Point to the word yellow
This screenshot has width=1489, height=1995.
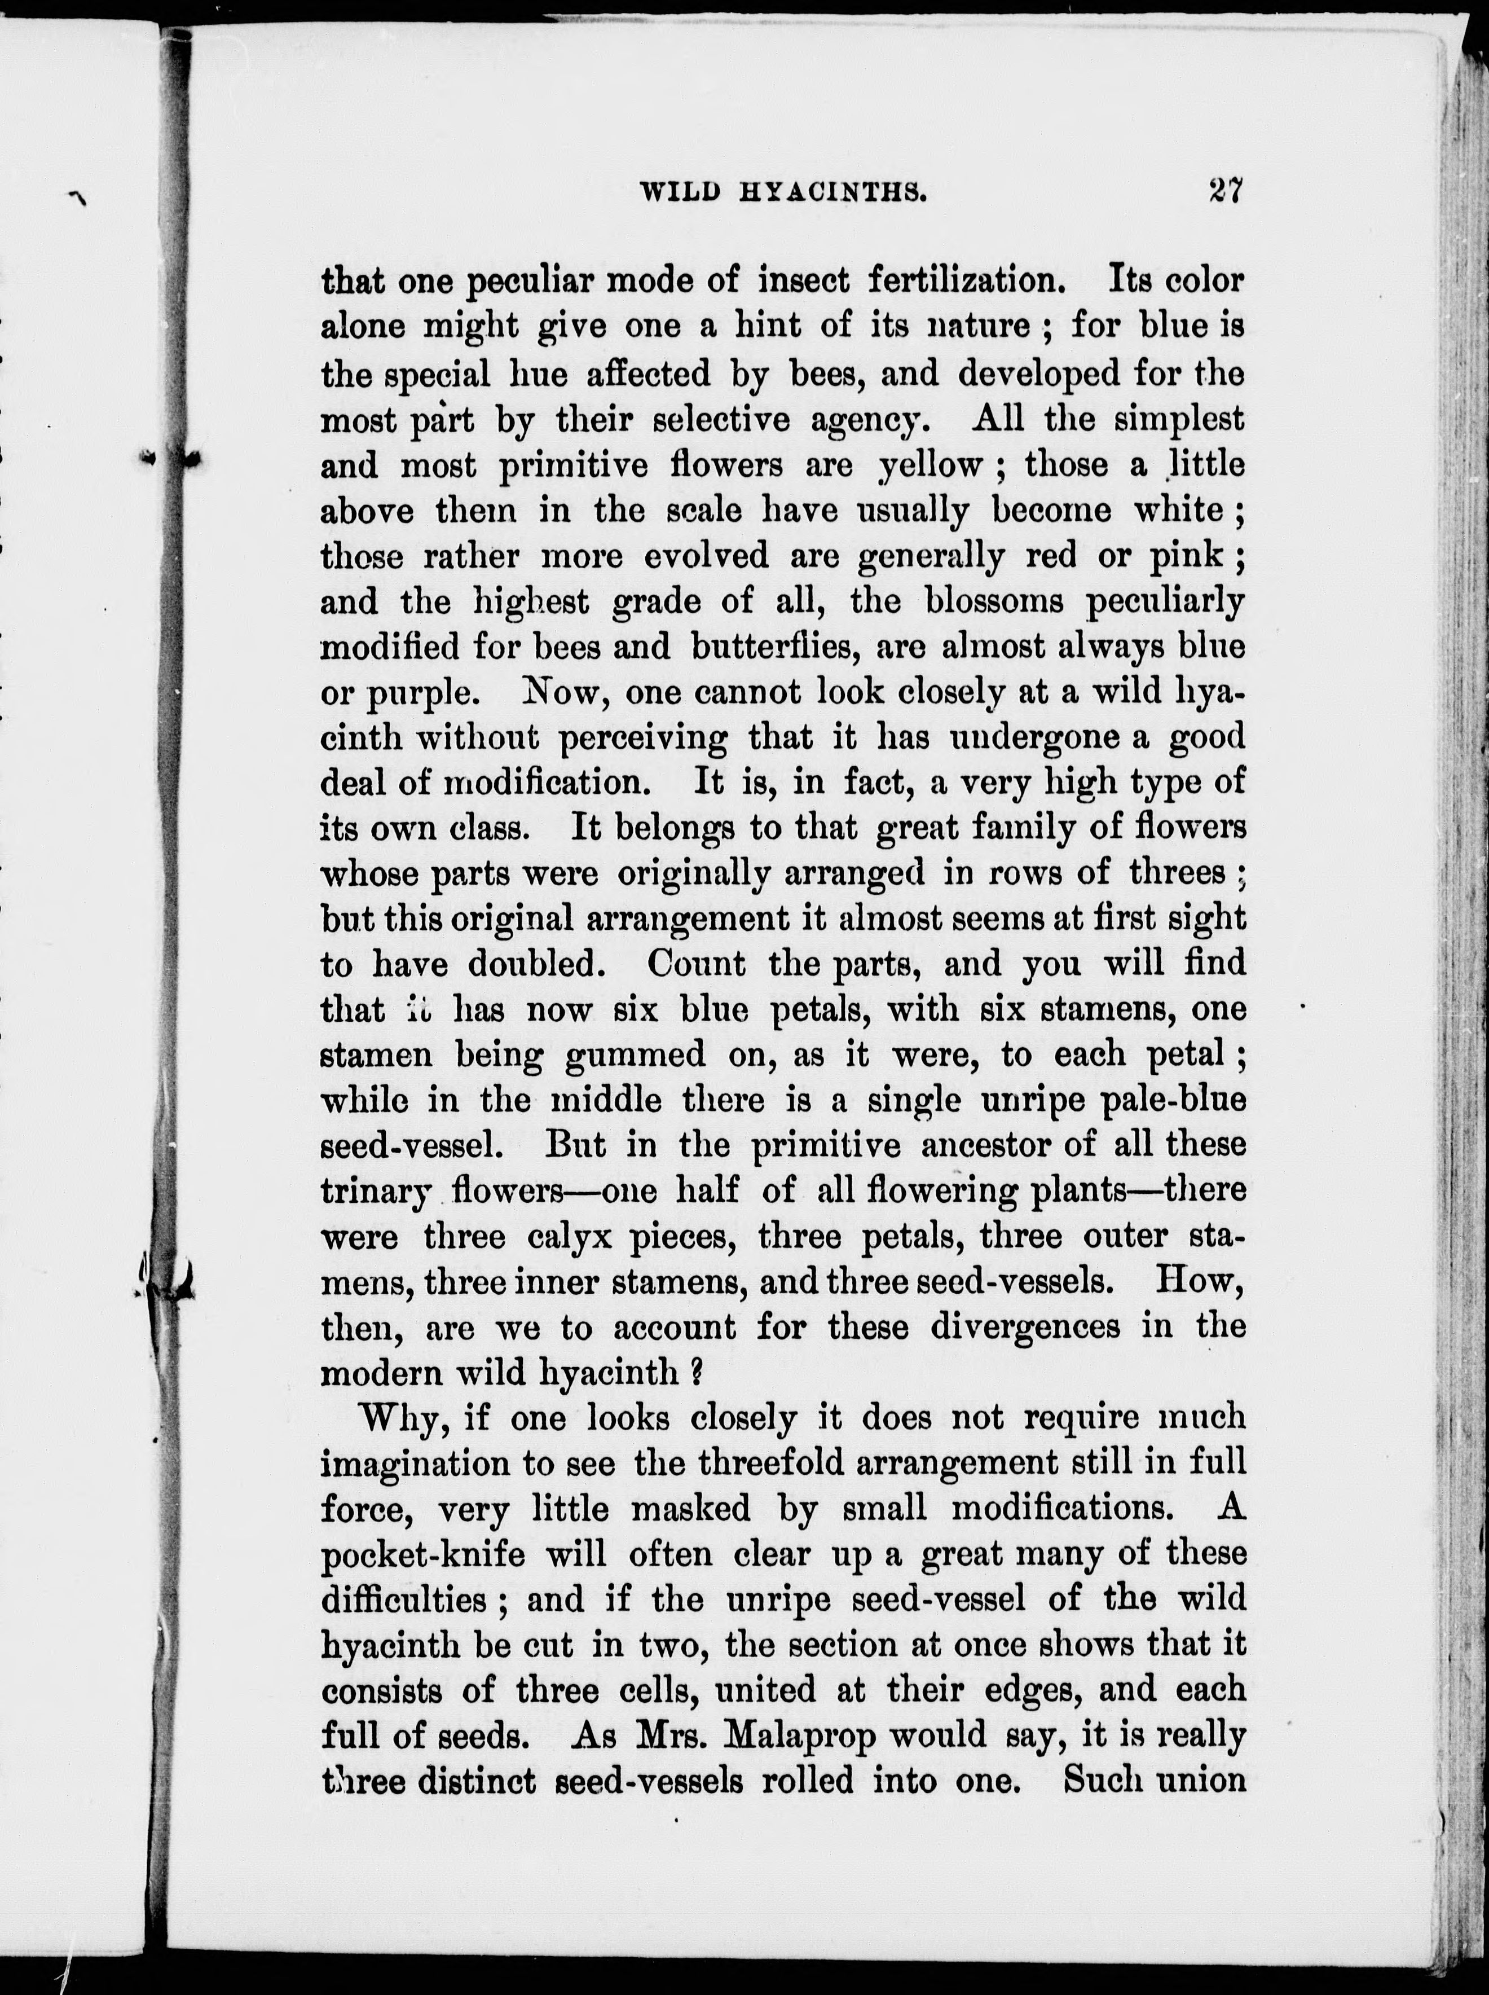[x=929, y=465]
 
